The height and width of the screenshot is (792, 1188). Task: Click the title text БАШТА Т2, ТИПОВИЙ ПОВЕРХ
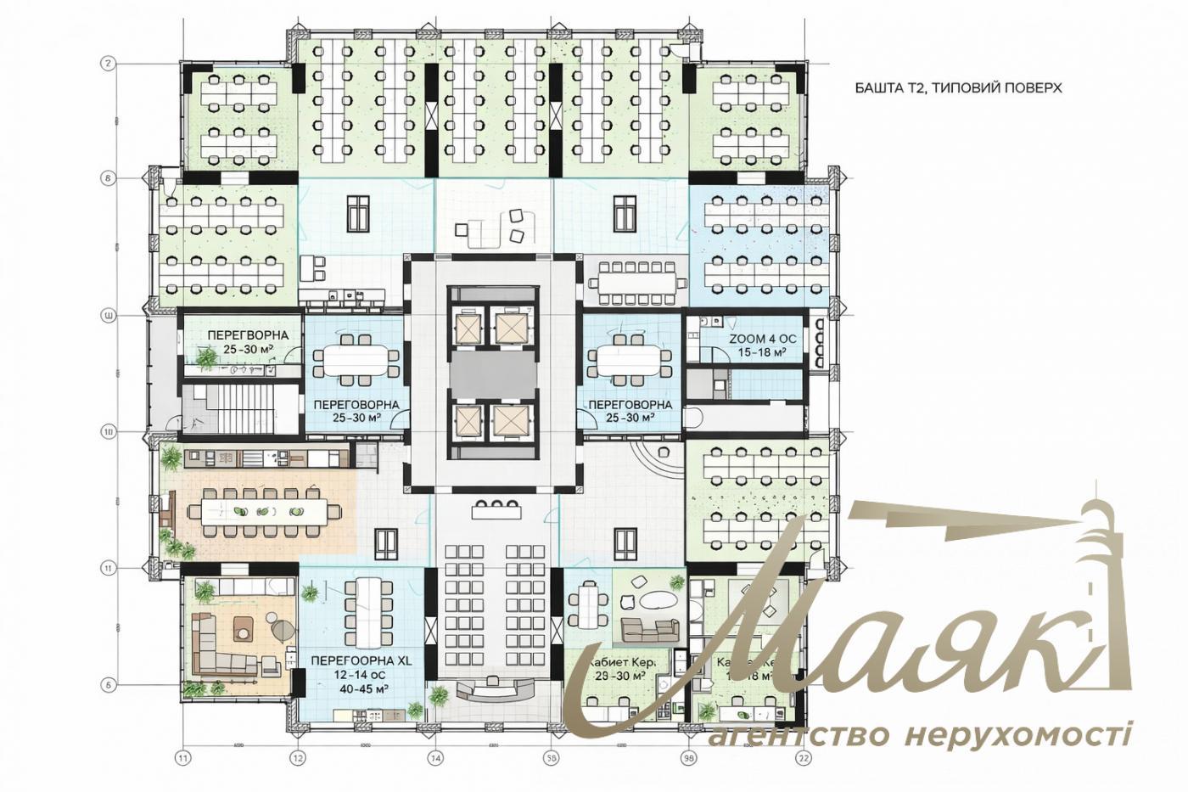click(x=958, y=87)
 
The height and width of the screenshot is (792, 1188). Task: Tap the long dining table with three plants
click(x=263, y=511)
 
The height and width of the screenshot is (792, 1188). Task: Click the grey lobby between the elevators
click(x=493, y=374)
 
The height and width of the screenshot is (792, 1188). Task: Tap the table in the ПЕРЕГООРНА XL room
click(x=368, y=611)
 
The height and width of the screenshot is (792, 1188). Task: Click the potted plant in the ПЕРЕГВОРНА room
click(x=206, y=360)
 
